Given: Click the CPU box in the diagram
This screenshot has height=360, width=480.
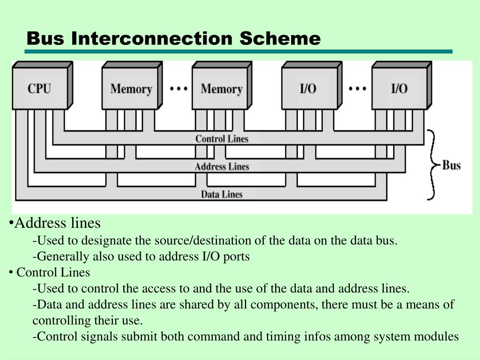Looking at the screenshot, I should (x=39, y=88).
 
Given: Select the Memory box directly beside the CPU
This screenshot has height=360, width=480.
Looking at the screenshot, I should (x=131, y=89).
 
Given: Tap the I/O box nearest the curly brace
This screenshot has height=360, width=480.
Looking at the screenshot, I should (x=399, y=89).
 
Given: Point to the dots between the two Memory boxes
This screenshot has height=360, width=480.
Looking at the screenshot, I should (x=179, y=88).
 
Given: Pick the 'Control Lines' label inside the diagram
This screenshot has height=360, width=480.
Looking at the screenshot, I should (x=222, y=139).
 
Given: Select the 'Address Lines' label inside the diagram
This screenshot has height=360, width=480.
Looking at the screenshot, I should (x=222, y=166).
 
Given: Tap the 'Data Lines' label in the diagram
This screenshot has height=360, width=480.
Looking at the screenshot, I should (x=222, y=194).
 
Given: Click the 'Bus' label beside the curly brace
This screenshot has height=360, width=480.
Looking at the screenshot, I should (x=451, y=165).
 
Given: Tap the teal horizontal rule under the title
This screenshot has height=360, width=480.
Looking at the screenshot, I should (x=239, y=52).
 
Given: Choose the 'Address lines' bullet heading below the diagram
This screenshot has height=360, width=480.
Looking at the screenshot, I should (x=57, y=223).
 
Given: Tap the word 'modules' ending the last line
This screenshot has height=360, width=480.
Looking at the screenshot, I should (x=439, y=337).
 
